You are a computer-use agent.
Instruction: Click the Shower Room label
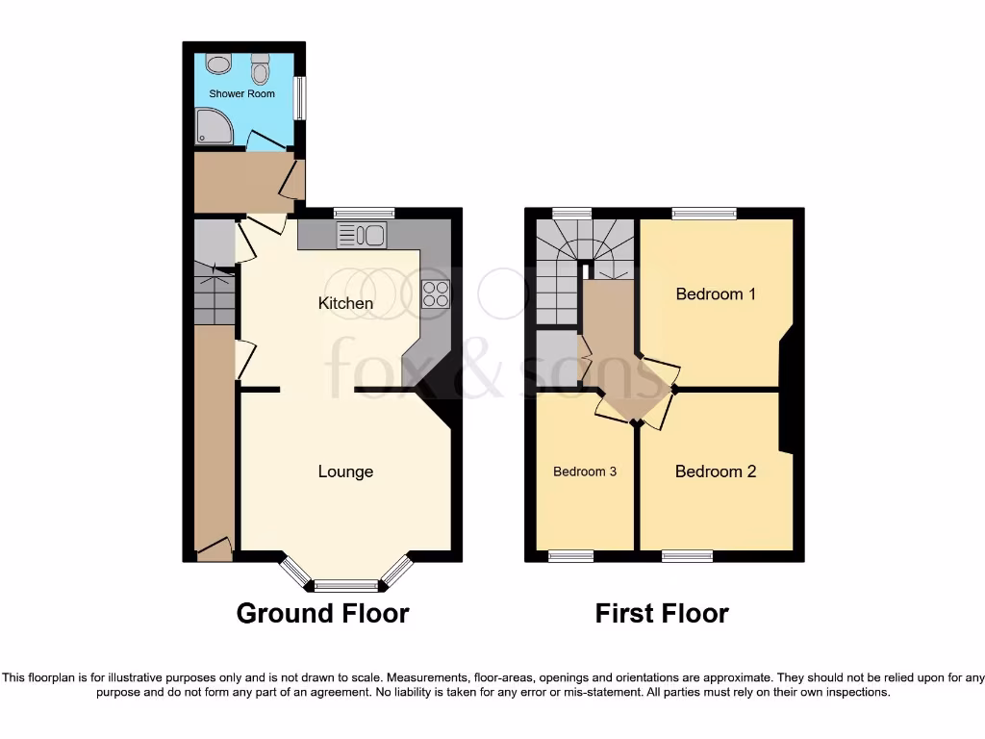[x=242, y=93]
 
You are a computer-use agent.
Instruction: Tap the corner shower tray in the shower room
[x=213, y=126]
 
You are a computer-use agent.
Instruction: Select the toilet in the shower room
[x=260, y=69]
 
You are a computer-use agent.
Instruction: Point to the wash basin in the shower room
[x=219, y=64]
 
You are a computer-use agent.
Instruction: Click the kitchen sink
[x=362, y=234]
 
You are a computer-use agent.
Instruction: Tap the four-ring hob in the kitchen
[x=435, y=293]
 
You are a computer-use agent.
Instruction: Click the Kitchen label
[x=345, y=303]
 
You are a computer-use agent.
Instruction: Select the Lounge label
[x=345, y=471]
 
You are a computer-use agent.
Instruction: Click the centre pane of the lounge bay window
[x=346, y=584]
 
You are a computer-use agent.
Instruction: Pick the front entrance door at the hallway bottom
[x=215, y=549]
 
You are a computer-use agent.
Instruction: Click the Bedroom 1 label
[x=715, y=293]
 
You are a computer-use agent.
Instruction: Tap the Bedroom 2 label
[x=715, y=471]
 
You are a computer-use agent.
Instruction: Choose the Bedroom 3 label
[x=585, y=471]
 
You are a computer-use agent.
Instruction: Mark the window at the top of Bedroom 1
[x=704, y=214]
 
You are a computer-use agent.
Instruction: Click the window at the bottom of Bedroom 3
[x=570, y=555]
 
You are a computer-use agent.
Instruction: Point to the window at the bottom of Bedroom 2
[x=688, y=555]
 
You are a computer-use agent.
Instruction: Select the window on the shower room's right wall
[x=299, y=98]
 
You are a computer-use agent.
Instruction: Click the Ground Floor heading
[x=322, y=613]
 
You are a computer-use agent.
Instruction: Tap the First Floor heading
[x=662, y=613]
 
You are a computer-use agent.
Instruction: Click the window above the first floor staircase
[x=571, y=214]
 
